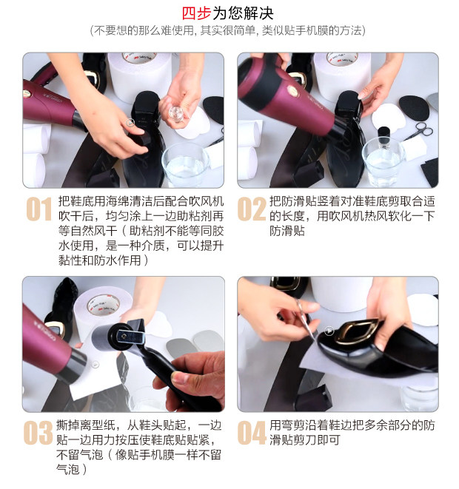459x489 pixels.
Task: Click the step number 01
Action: pos(39,209)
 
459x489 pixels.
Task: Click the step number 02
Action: pos(252,209)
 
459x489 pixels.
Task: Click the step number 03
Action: pos(38,433)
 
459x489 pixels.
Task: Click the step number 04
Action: pos(252,433)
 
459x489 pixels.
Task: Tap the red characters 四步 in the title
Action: pos(197,13)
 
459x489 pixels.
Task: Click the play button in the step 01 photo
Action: pos(130,123)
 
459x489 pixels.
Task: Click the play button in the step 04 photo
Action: pos(329,331)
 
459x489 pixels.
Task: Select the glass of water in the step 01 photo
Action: pos(185,165)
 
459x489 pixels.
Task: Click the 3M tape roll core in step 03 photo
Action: pos(104,305)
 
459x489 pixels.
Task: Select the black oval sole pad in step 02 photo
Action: pos(414,108)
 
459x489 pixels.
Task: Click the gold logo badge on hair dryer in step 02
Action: pos(293,90)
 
